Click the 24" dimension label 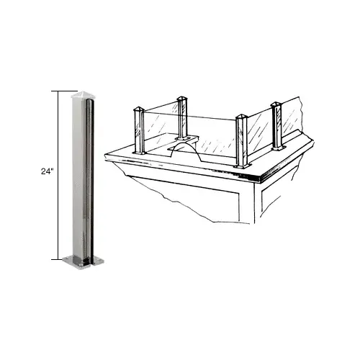click(47, 171)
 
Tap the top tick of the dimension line click(64, 91)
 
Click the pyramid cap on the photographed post click(83, 95)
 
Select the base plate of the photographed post click(83, 263)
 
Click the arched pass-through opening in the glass click(185, 149)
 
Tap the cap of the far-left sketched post click(139, 109)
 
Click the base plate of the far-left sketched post click(140, 153)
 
